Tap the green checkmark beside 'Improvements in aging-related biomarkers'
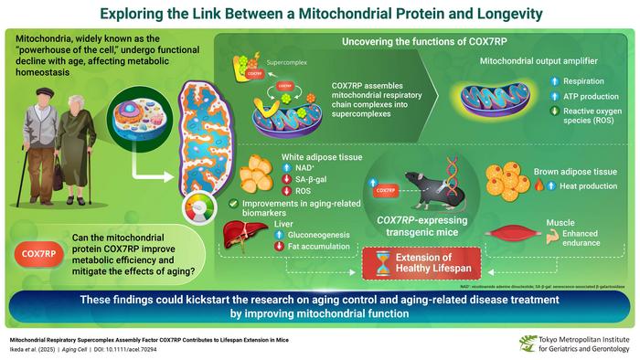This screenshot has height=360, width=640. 237,204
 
